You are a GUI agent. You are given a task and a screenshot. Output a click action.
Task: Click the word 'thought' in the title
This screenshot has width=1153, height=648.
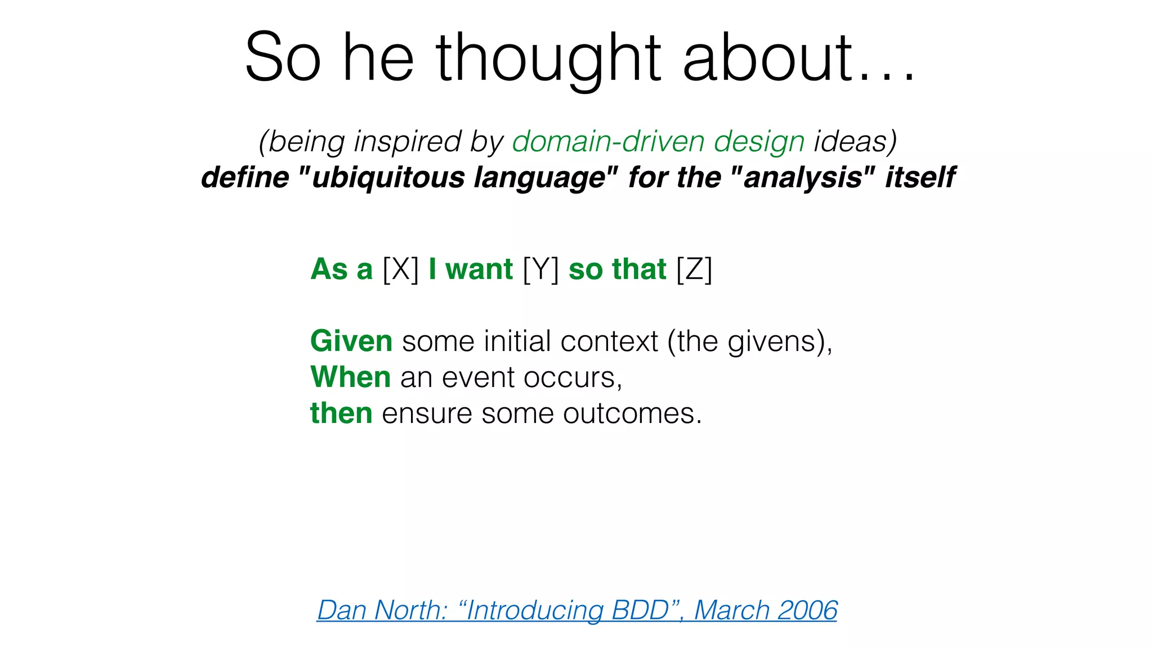point(548,57)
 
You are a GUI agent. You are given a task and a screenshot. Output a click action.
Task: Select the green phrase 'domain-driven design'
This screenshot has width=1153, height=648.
point(658,141)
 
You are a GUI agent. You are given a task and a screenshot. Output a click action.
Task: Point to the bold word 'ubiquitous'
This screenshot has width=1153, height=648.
point(389,177)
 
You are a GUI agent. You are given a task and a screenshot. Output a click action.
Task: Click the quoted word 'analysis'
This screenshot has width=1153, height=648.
point(803,177)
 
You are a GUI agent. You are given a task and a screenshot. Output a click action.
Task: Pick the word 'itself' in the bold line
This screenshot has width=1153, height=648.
point(920,177)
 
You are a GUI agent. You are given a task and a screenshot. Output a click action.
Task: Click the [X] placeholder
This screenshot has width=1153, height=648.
point(400,269)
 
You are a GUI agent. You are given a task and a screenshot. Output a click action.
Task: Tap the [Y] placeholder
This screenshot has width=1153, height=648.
point(540,269)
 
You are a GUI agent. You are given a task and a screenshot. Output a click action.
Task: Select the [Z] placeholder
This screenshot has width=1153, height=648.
point(694,269)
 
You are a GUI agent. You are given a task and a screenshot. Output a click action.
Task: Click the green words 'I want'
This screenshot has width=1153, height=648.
point(471,269)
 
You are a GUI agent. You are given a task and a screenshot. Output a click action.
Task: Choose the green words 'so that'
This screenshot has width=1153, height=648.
point(617,269)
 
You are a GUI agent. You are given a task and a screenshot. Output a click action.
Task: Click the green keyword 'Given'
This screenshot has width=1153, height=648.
point(351,341)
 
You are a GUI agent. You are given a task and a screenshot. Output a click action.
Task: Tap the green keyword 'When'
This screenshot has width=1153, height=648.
point(350,377)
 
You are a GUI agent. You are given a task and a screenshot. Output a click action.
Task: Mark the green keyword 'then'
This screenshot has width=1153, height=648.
point(341,413)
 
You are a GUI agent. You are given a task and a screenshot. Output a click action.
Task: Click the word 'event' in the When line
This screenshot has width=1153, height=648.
point(478,377)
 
